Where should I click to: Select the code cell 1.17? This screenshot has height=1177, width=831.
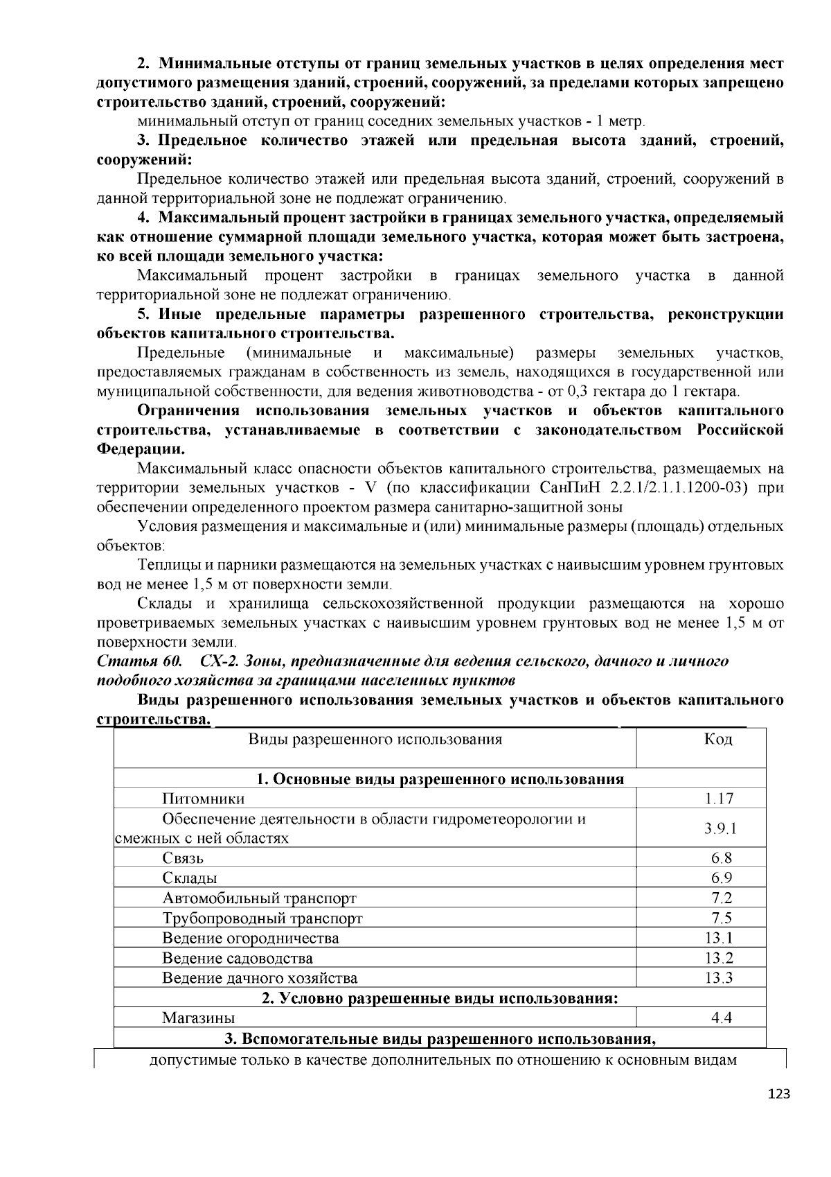pyautogui.click(x=719, y=799)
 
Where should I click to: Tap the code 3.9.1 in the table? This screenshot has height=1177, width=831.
pyautogui.click(x=719, y=828)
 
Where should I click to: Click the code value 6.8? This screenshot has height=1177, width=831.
pyautogui.click(x=721, y=857)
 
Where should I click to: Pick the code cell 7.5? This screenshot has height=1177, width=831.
pyautogui.click(x=721, y=918)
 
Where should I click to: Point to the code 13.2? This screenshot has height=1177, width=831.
pyautogui.click(x=719, y=958)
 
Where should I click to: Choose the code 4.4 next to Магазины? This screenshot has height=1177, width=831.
pyautogui.click(x=721, y=1018)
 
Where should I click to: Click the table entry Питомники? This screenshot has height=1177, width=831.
pyautogui.click(x=203, y=799)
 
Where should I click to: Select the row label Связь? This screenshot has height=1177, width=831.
pyautogui.click(x=183, y=857)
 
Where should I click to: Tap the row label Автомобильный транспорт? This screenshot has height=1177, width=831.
pyautogui.click(x=259, y=898)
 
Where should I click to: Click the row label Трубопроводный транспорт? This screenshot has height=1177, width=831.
pyautogui.click(x=262, y=918)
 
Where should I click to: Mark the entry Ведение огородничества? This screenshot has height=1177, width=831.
pyautogui.click(x=251, y=939)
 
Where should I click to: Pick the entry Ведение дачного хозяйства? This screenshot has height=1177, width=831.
pyautogui.click(x=260, y=978)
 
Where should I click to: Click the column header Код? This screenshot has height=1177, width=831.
pyautogui.click(x=718, y=739)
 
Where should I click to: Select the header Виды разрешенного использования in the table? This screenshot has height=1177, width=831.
pyautogui.click(x=375, y=739)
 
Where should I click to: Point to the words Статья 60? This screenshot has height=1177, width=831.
pyautogui.click(x=138, y=661)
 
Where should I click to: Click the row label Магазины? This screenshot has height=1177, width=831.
pyautogui.click(x=199, y=1018)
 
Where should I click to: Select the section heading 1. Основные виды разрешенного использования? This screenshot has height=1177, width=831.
pyautogui.click(x=440, y=779)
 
